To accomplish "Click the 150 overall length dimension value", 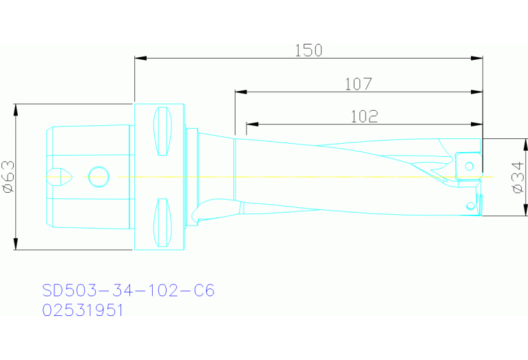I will [308, 50].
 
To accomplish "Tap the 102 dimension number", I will [363, 116].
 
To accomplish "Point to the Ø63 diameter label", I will [8, 177].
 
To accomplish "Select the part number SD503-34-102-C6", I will [128, 290].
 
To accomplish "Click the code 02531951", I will [83, 310].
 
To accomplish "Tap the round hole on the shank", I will [98, 177].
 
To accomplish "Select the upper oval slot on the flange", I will [162, 131].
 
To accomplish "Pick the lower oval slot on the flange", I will [162, 222].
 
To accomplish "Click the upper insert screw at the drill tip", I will [469, 165].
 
